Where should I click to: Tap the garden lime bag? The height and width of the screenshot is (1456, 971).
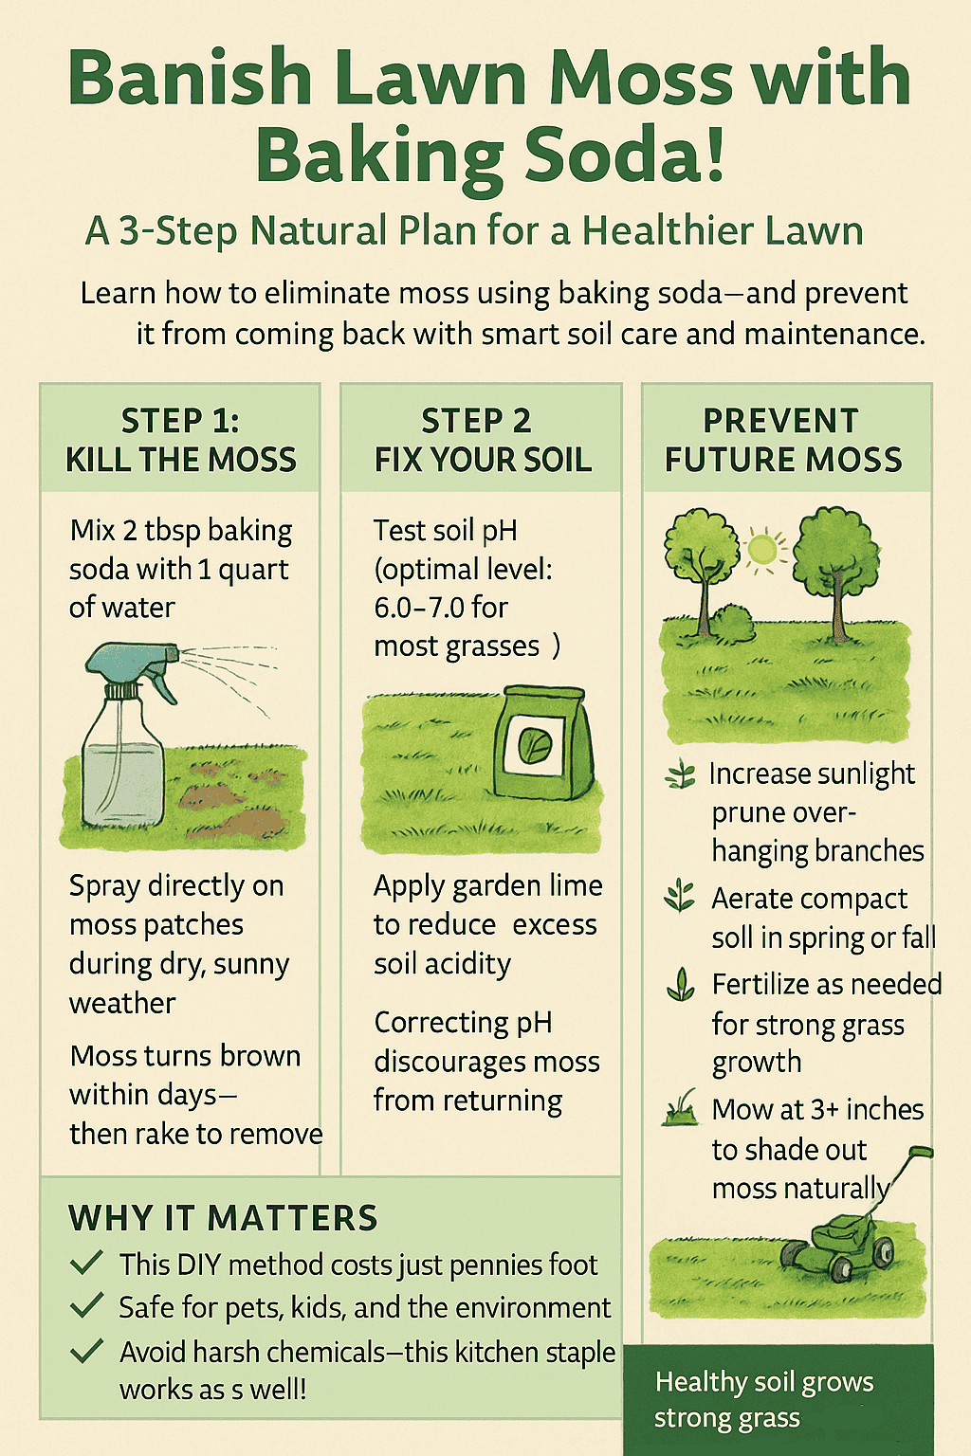click(544, 743)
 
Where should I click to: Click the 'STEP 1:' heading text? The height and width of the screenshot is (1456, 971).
click(180, 421)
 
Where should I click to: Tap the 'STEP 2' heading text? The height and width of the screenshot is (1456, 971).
click(476, 421)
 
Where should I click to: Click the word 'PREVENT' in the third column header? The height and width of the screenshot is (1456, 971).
click(780, 421)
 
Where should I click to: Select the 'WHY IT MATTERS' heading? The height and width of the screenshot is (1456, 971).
click(223, 1217)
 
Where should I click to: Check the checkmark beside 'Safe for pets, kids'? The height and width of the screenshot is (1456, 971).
click(86, 1304)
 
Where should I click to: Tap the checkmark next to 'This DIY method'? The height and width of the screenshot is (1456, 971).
click(86, 1262)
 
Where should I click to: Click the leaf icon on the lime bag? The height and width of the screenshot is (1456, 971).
click(535, 743)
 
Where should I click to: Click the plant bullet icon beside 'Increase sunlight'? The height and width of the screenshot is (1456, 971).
click(680, 773)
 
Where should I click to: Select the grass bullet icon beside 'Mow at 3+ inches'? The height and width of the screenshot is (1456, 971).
click(680, 1109)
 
